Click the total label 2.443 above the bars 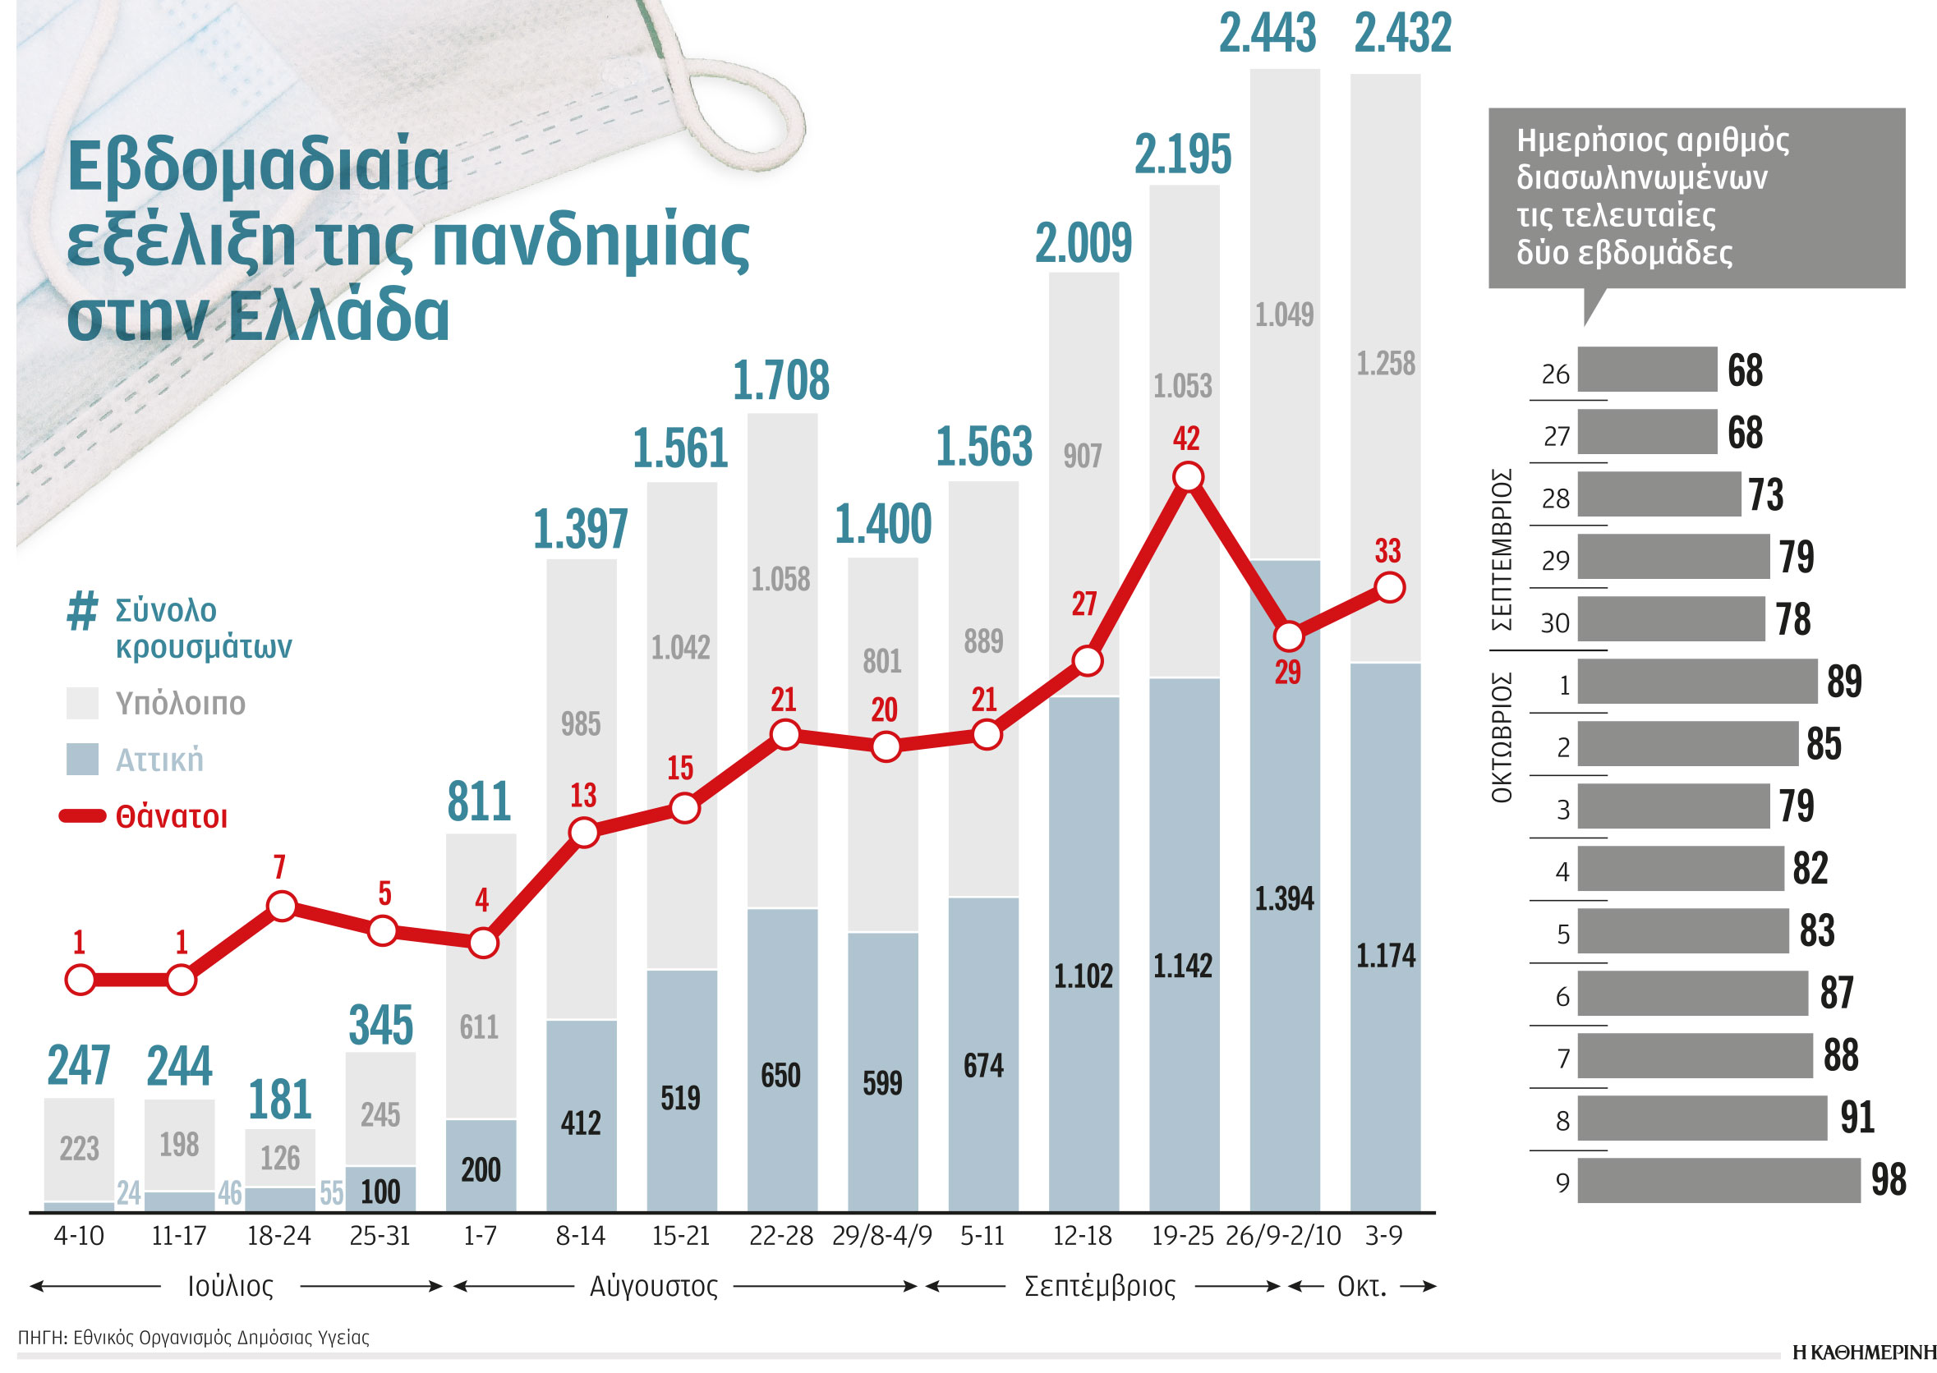pyautogui.click(x=1267, y=34)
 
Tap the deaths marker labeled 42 pyautogui.click(x=1188, y=478)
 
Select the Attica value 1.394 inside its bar pyautogui.click(x=1283, y=898)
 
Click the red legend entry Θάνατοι pyautogui.click(x=171, y=817)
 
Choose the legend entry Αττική pyautogui.click(x=159, y=760)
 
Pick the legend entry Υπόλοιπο pyautogui.click(x=179, y=704)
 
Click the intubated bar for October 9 pyautogui.click(x=1717, y=1181)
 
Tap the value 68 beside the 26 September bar pyautogui.click(x=1744, y=370)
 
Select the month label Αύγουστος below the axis pyautogui.click(x=653, y=1287)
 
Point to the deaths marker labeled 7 pyautogui.click(x=282, y=907)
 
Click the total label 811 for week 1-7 pyautogui.click(x=480, y=801)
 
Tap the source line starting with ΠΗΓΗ pyautogui.click(x=193, y=1338)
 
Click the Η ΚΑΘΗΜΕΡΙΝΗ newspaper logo pyautogui.click(x=1863, y=1352)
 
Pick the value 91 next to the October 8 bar pyautogui.click(x=1856, y=1118)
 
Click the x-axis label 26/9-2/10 pyautogui.click(x=1282, y=1236)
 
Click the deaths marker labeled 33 pyautogui.click(x=1390, y=587)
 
